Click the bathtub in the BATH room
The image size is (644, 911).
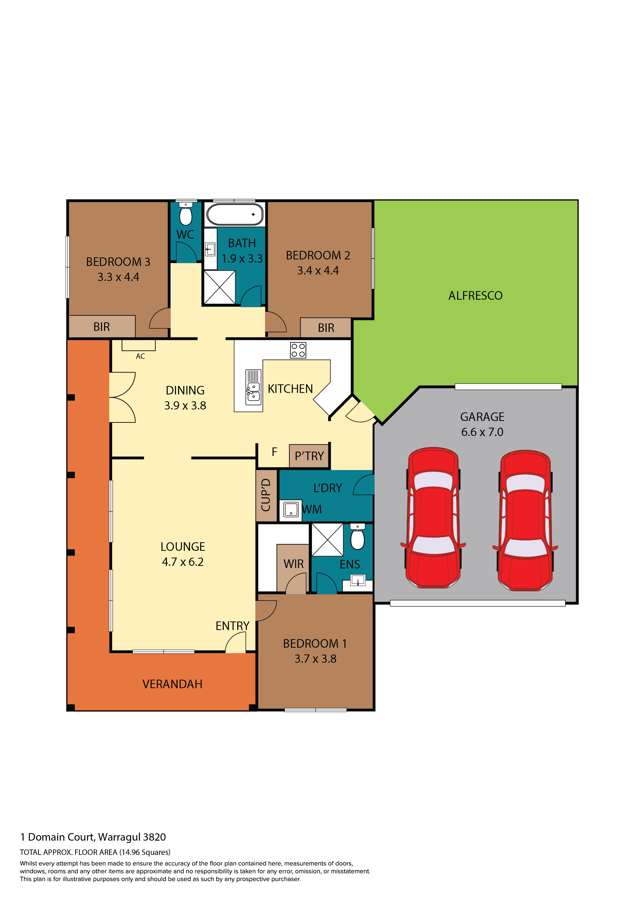tap(235, 214)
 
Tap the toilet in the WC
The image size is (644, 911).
tap(186, 214)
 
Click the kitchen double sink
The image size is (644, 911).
tap(253, 387)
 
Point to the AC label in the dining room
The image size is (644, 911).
tap(140, 356)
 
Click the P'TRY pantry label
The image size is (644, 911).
tap(309, 456)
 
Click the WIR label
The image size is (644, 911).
tap(294, 564)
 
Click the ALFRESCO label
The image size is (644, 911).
tap(476, 296)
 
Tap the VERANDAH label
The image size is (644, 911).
tap(173, 684)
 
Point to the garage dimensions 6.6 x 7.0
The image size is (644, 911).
tap(482, 432)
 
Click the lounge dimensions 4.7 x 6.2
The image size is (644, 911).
tap(183, 562)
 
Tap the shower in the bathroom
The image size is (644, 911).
tap(219, 288)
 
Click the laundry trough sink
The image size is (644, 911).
tap(291, 510)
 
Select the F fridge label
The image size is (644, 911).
tap(274, 452)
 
